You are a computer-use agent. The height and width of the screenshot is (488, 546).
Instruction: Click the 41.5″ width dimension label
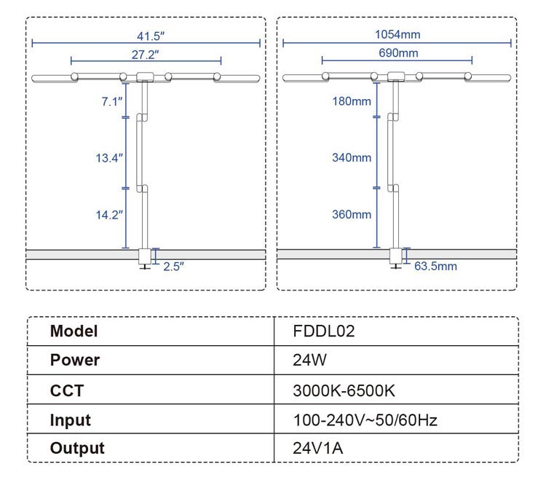point(147,35)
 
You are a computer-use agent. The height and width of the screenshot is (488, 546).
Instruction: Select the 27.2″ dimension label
point(146,53)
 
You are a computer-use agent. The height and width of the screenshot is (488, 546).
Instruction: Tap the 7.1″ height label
point(112,101)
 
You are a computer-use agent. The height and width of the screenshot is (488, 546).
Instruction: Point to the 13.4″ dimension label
point(111,157)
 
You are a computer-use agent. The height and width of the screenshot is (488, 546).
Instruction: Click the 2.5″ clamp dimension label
point(173,266)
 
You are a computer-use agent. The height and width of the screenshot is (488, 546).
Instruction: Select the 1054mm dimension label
point(397,34)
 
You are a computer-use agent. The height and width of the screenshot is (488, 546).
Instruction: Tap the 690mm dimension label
point(398,52)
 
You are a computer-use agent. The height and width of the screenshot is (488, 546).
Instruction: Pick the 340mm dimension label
point(352,157)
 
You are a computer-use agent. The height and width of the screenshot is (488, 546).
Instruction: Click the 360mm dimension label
point(352,214)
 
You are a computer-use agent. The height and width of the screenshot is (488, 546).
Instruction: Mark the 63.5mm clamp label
point(435,266)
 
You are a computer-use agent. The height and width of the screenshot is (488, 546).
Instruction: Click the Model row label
point(74,331)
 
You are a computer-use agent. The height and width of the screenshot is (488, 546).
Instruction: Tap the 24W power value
point(307,361)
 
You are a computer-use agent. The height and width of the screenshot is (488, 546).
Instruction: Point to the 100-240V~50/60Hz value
point(365,420)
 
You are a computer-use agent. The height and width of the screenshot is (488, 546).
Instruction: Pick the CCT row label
point(66,390)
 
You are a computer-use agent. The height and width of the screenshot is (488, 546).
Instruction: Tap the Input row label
point(71,420)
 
